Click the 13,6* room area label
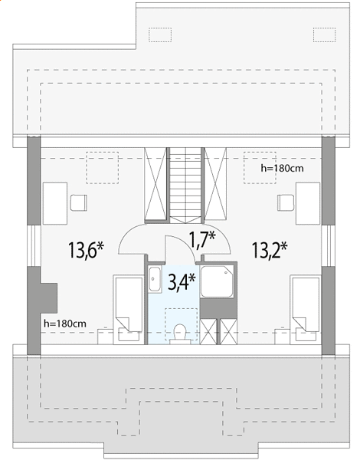(x=86, y=250)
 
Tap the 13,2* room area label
(x=269, y=250)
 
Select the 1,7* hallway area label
(x=202, y=240)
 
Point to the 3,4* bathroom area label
(x=182, y=282)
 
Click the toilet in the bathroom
(x=180, y=333)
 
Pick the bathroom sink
(x=155, y=279)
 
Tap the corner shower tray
(x=217, y=281)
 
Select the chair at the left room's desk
(x=79, y=202)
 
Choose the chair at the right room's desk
(x=286, y=202)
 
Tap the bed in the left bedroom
(x=129, y=310)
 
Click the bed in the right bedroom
(x=306, y=310)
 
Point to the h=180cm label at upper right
(x=282, y=169)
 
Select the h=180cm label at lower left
(x=65, y=324)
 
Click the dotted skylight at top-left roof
(x=160, y=35)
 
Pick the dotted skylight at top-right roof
(x=324, y=35)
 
